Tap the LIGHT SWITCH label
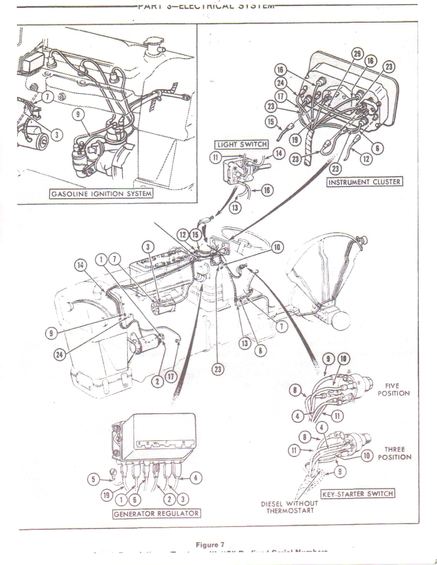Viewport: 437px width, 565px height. pos(242,145)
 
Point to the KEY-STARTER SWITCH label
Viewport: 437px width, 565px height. pos(358,494)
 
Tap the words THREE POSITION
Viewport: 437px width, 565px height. pos(394,453)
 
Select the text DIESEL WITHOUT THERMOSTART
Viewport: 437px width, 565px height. pos(290,507)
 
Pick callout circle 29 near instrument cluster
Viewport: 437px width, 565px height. pos(357,54)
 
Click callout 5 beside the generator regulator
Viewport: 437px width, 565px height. pos(93,480)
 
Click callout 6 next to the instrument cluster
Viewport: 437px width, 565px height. pos(377,148)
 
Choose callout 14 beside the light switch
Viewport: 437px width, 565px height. pos(278,154)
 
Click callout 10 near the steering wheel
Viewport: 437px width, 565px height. pos(277,248)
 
